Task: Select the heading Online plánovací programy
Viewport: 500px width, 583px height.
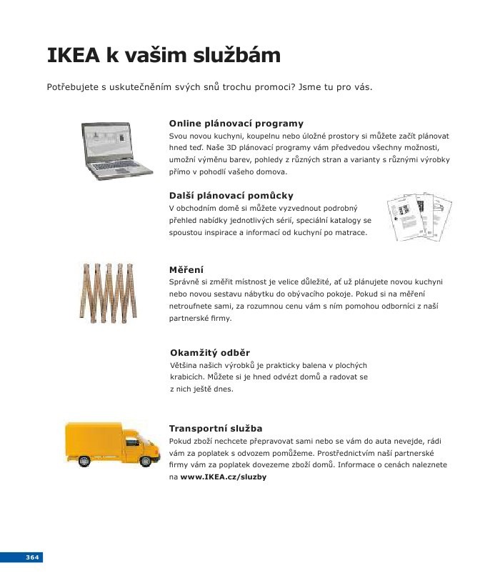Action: (236, 124)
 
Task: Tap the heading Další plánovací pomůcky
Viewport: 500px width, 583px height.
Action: (231, 195)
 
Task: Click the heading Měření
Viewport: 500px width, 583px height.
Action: (186, 269)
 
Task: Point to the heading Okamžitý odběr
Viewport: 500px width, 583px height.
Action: (210, 353)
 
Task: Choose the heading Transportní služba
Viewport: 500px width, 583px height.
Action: (216, 429)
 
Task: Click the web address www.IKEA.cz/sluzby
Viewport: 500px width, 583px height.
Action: (223, 477)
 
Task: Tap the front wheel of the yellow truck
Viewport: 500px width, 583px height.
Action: (146, 461)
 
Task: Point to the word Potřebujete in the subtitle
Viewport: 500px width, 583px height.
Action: (72, 88)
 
